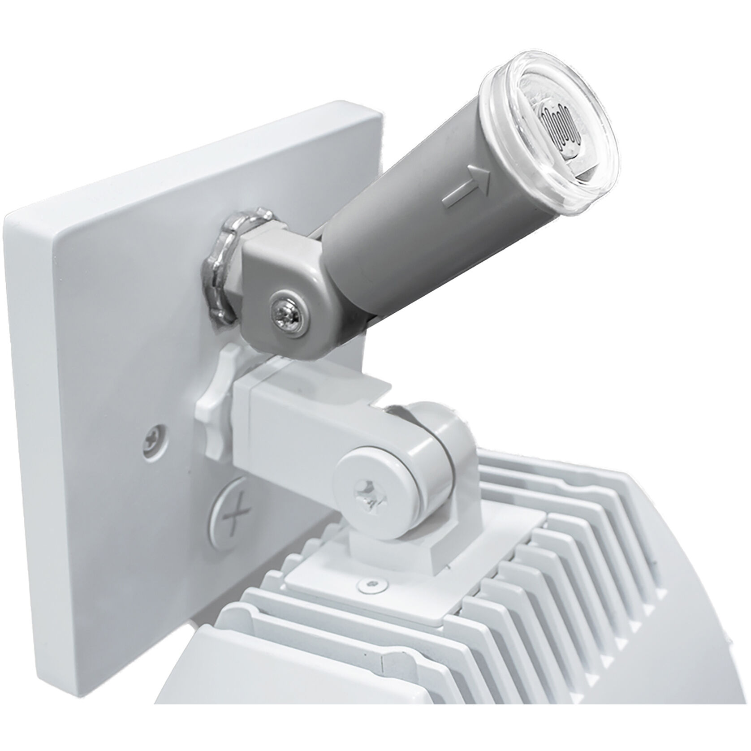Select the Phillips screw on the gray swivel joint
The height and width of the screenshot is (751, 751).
point(286,311)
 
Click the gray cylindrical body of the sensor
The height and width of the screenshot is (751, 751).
point(403,224)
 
